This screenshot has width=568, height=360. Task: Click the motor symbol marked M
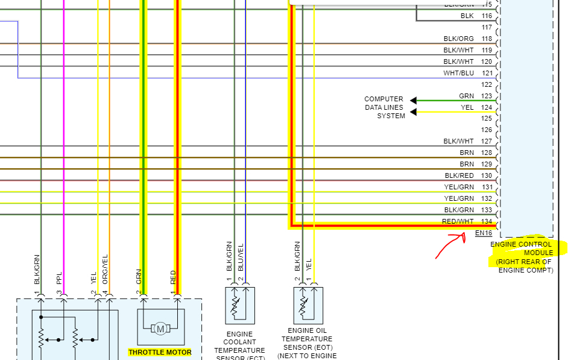click(160, 329)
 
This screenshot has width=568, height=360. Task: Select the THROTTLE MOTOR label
click(160, 352)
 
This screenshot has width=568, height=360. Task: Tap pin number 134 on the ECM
click(487, 221)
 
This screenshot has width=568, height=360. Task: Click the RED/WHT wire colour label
click(458, 221)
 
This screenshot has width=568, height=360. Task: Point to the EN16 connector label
click(484, 233)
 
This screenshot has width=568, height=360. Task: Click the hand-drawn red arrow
click(450, 245)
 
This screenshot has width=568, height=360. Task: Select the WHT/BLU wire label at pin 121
click(459, 73)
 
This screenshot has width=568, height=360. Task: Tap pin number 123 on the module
click(487, 96)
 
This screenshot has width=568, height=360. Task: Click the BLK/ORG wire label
click(459, 39)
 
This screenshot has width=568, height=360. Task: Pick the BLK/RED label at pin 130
click(459, 175)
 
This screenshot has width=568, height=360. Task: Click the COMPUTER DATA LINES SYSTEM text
click(383, 107)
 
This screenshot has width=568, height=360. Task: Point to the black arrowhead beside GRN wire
click(414, 100)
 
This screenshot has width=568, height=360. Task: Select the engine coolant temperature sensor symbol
click(240, 306)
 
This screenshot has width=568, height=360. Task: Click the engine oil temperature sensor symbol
click(308, 306)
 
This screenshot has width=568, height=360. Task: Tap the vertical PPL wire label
click(59, 278)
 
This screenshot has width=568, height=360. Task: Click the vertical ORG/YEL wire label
click(106, 269)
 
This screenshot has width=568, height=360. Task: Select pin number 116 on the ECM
click(487, 16)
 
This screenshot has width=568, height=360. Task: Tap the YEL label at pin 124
click(467, 107)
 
